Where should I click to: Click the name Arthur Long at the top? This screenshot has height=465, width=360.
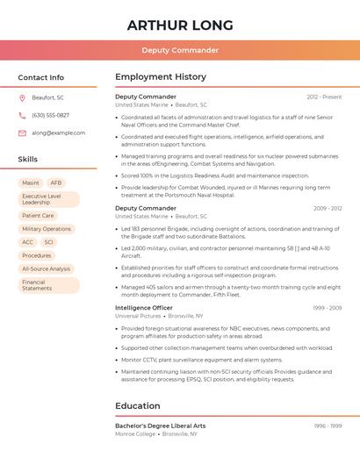pyautogui.click(x=180, y=25)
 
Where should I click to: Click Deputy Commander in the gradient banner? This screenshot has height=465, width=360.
pyautogui.click(x=180, y=50)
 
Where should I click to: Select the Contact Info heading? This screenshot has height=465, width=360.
pyautogui.click(x=41, y=77)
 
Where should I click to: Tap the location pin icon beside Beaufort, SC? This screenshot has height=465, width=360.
pyautogui.click(x=22, y=97)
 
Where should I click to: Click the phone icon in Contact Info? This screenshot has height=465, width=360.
pyautogui.click(x=22, y=115)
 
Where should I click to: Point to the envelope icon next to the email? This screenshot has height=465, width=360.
pyautogui.click(x=22, y=133)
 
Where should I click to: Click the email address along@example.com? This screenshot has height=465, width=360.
pyautogui.click(x=59, y=133)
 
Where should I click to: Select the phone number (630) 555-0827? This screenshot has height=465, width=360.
pyautogui.click(x=50, y=115)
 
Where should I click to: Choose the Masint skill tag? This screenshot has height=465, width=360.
pyautogui.click(x=31, y=182)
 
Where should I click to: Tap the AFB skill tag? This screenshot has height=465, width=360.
pyautogui.click(x=56, y=182)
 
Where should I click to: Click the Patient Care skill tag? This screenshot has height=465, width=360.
pyautogui.click(x=38, y=215)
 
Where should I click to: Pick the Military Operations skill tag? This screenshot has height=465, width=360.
pyautogui.click(x=47, y=229)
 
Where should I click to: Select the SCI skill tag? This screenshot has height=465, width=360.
pyautogui.click(x=48, y=242)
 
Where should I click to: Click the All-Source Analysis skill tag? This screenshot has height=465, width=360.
pyautogui.click(x=47, y=268)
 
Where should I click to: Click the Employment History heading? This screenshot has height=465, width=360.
pyautogui.click(x=161, y=77)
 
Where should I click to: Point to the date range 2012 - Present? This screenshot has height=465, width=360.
pyautogui.click(x=324, y=97)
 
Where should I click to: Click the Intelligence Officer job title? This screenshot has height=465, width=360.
pyautogui.click(x=144, y=308)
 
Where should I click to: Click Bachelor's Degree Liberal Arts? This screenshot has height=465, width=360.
pyautogui.click(x=160, y=426)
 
